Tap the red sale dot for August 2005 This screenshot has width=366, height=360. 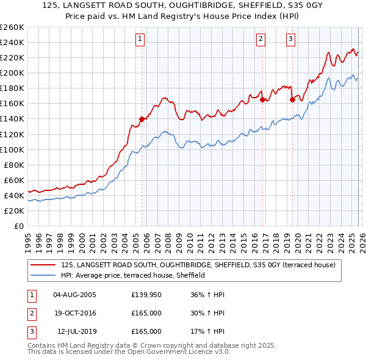(x=142, y=119)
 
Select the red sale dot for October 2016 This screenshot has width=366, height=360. (x=262, y=99)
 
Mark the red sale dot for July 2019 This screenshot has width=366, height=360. (x=292, y=99)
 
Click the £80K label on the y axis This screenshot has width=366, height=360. (x=14, y=165)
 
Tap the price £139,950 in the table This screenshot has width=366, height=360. (x=146, y=295)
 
